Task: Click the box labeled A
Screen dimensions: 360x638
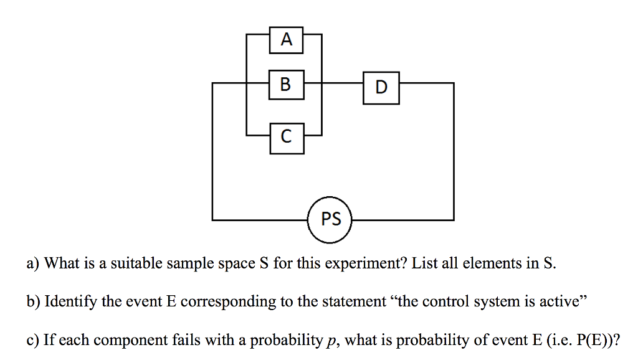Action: pos(286,40)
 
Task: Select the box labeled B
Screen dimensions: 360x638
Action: pos(286,84)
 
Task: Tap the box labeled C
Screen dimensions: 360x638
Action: pos(287,138)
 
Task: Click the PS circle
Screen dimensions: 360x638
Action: pos(331,220)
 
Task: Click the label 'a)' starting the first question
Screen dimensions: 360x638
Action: pos(33,264)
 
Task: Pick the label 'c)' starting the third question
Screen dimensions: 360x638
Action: pos(32,341)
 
